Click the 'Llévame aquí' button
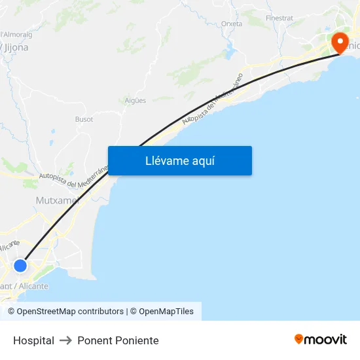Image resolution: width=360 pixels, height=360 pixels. tap(179, 160)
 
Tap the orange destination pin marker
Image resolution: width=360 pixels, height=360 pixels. tap(340, 43)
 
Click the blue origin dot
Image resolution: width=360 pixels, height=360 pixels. tap(20, 265)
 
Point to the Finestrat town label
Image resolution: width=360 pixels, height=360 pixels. tap(279, 18)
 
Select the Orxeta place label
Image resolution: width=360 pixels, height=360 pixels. tap(232, 24)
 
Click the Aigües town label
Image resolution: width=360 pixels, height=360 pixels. tap(135, 100)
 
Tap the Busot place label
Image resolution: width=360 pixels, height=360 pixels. tap(84, 119)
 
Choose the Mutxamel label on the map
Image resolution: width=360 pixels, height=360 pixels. tap(56, 200)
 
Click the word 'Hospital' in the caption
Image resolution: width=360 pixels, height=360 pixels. tap(33, 340)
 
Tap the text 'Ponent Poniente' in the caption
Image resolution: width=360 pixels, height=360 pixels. tap(118, 340)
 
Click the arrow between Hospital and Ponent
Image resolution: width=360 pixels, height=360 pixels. tap(65, 340)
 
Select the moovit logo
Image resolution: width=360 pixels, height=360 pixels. tap(321, 340)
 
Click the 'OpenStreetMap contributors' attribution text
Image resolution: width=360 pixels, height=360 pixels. tap(70, 312)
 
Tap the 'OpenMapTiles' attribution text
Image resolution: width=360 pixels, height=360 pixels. tap(166, 312)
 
